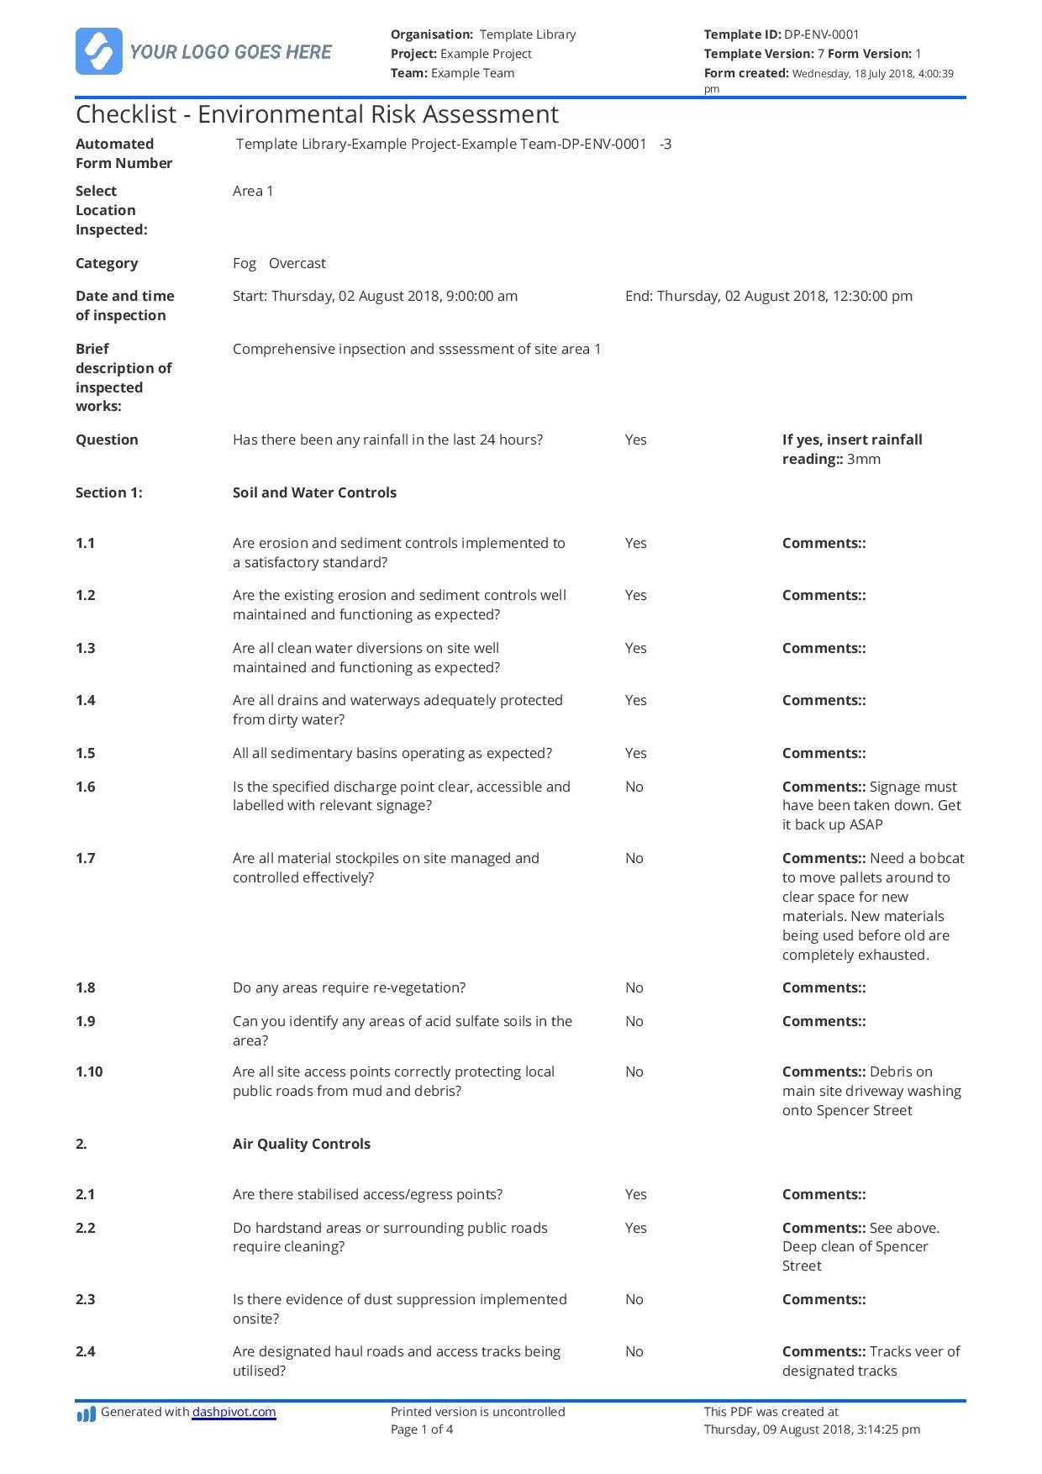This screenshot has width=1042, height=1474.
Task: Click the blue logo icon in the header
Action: [98, 51]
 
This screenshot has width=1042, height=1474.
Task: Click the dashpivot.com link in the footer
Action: [234, 1412]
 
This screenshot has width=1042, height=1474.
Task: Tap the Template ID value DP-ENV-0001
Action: [821, 34]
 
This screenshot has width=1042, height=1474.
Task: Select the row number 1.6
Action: [86, 787]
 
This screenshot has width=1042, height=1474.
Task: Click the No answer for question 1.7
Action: [634, 858]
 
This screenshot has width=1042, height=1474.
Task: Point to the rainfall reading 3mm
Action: [864, 459]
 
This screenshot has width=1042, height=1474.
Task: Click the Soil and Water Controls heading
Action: [314, 492]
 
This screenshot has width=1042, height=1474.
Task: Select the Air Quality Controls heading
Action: [301, 1144]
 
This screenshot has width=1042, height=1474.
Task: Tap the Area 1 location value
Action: [253, 191]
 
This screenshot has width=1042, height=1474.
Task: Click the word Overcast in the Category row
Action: [297, 263]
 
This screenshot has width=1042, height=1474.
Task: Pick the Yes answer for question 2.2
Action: [636, 1228]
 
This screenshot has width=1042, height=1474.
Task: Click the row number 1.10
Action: [89, 1071]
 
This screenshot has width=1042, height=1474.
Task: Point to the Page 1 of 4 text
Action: [422, 1429]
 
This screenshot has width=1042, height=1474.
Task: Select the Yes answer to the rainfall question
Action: [636, 440]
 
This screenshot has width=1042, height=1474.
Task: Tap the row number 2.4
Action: [86, 1351]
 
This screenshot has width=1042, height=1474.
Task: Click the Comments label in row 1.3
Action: [824, 648]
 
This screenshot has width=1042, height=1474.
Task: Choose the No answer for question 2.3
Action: [634, 1299]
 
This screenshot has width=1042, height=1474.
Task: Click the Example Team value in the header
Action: [472, 73]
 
